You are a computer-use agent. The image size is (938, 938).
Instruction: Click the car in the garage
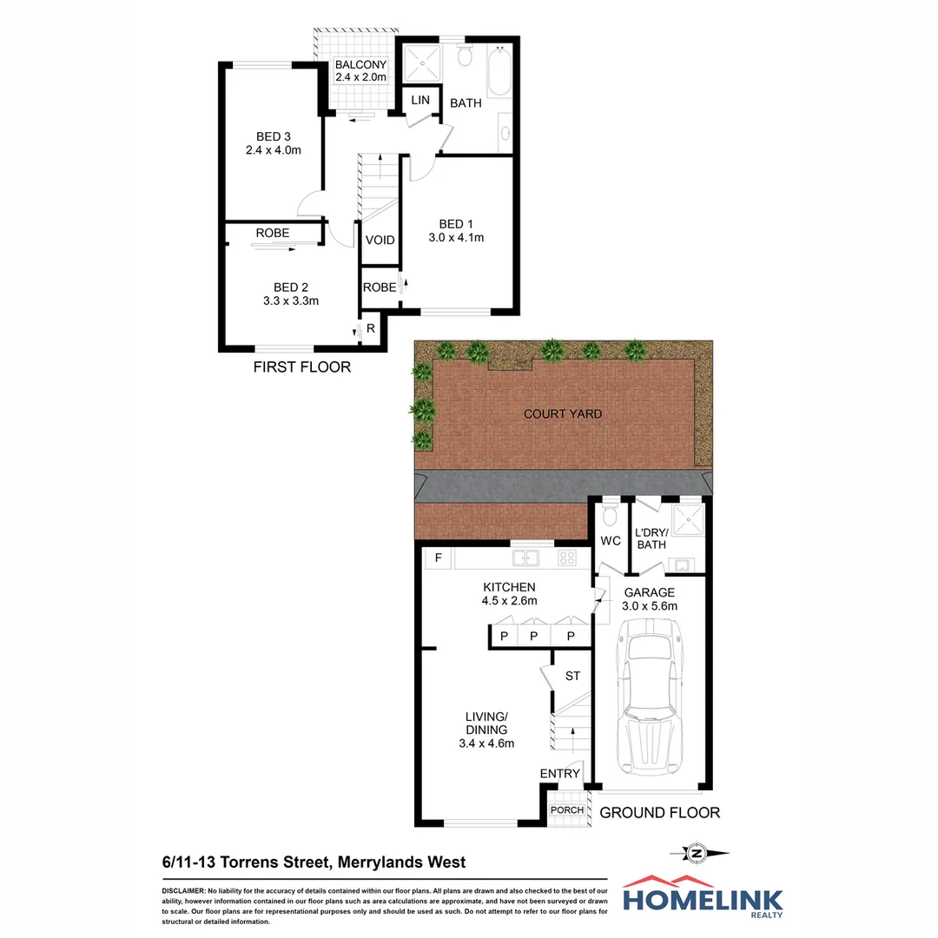(x=652, y=703)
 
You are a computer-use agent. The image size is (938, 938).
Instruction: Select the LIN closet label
(x=420, y=101)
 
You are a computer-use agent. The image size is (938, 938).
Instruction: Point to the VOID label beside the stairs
(x=380, y=241)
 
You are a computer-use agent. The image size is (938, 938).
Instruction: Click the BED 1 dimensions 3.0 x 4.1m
(x=456, y=237)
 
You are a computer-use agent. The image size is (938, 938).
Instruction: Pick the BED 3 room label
(x=274, y=136)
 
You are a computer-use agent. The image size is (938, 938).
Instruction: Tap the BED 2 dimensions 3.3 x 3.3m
(x=291, y=301)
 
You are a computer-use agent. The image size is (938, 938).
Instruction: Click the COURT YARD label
(x=563, y=414)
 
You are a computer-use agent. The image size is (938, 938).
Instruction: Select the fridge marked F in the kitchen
(x=439, y=558)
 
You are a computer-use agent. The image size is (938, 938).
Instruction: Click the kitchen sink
(x=525, y=558)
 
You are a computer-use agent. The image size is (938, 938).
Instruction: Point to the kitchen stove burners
(x=567, y=558)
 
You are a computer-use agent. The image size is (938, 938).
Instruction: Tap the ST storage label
(x=572, y=676)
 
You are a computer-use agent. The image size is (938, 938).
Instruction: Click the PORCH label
(x=568, y=810)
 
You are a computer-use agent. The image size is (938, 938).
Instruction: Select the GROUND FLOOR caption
(x=660, y=813)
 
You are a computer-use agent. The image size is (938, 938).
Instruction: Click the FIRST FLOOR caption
(x=302, y=367)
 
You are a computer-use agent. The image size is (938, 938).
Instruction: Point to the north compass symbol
(x=695, y=854)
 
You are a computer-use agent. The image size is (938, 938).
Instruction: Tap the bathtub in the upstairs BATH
(x=499, y=74)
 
